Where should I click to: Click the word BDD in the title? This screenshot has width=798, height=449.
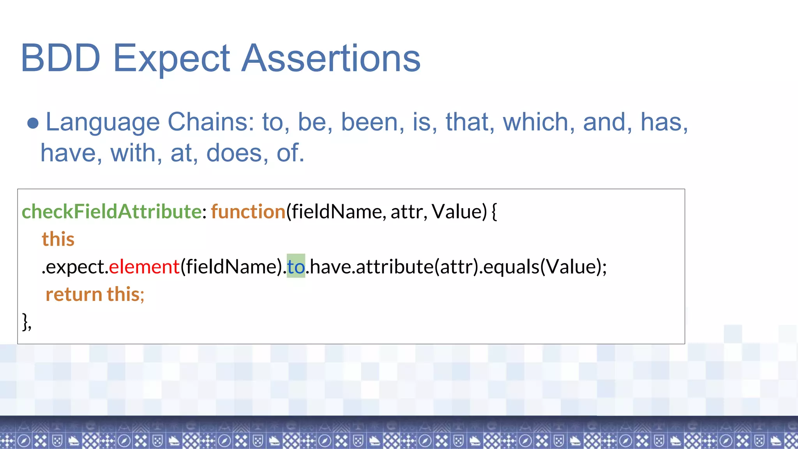[60, 58]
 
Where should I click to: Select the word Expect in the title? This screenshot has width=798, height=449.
[171, 58]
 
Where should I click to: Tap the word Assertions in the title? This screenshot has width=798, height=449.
[331, 58]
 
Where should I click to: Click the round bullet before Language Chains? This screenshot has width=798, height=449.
[33, 123]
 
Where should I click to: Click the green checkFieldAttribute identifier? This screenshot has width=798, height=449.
[111, 212]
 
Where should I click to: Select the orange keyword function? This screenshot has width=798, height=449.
[248, 212]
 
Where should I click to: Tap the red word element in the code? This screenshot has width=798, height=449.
[144, 267]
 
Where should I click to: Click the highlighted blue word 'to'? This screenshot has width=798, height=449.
[296, 267]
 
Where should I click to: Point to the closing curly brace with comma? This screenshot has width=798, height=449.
[26, 322]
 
